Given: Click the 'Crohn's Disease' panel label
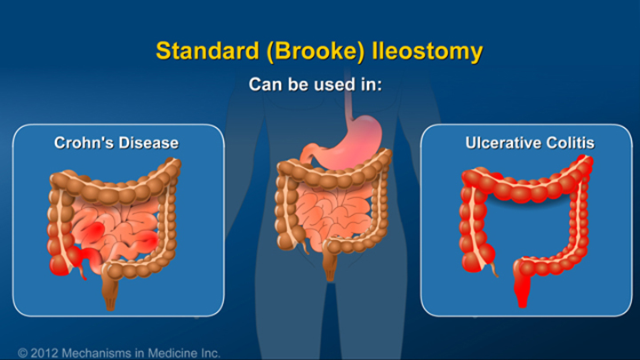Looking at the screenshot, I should [117, 142].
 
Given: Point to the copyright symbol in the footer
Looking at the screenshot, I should [23, 352].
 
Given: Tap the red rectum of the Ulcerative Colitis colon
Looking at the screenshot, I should [518, 289].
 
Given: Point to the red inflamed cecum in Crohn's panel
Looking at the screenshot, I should [62, 263].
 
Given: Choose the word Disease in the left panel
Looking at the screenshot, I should [148, 142].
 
